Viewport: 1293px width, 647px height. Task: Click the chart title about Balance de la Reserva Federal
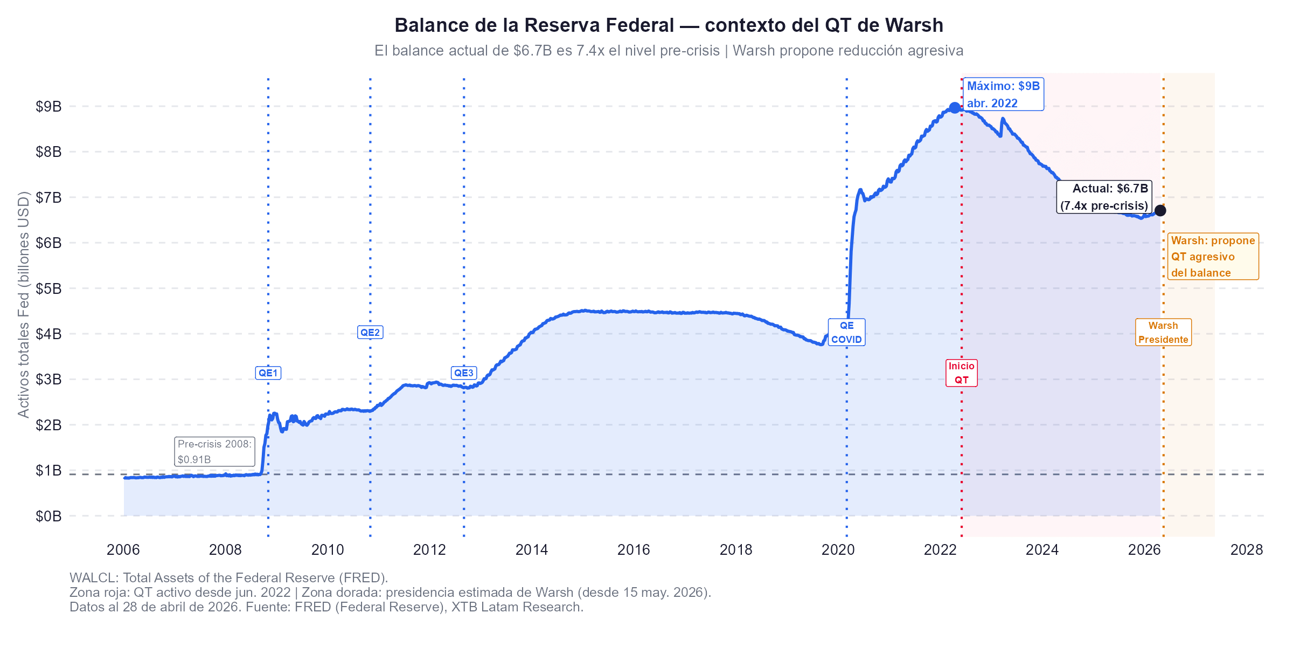[x=669, y=25]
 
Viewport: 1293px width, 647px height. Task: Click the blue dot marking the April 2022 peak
[x=955, y=108]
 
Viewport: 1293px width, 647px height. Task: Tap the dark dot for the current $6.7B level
[x=1160, y=211]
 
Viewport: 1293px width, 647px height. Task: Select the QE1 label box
[x=268, y=373]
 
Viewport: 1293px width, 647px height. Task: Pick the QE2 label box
[x=370, y=333]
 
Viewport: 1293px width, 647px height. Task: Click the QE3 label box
[x=463, y=373]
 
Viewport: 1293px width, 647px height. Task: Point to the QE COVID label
[x=846, y=333]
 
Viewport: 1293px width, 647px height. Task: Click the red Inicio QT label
[x=962, y=373]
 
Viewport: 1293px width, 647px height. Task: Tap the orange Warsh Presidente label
[x=1163, y=333]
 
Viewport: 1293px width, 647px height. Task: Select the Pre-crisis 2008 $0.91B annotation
[x=215, y=452]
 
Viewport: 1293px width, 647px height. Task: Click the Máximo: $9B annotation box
[x=1003, y=94]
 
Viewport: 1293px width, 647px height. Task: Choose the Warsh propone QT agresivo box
[x=1213, y=257]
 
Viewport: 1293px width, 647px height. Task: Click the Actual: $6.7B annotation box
[x=1104, y=197]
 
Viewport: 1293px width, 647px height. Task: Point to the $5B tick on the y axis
[x=48, y=288]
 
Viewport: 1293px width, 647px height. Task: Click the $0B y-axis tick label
[x=48, y=517]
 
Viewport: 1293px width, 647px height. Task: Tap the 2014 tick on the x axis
[x=531, y=550]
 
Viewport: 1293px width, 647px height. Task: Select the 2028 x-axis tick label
[x=1246, y=550]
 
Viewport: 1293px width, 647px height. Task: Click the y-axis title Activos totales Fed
[x=23, y=305]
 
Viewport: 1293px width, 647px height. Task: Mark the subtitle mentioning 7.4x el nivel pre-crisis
[x=669, y=51]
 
